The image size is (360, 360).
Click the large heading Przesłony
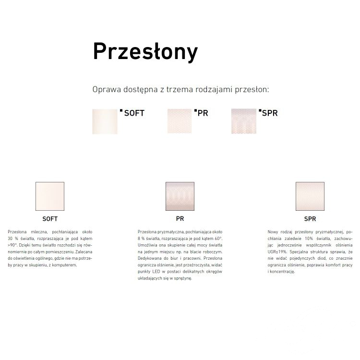145,52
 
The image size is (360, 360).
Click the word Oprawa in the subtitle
107,90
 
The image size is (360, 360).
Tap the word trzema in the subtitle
180,89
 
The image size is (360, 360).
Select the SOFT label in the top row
134,113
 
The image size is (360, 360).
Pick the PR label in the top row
203,113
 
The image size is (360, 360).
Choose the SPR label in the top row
270,113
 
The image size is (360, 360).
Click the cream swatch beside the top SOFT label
105,122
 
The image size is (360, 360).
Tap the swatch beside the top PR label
180,121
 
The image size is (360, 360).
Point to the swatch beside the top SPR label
244,121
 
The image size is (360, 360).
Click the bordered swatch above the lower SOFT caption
50,196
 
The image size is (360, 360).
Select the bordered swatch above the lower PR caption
180,196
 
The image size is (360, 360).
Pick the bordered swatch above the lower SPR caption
310,196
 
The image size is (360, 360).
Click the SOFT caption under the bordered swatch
50,219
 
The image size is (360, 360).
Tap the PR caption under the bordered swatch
180,219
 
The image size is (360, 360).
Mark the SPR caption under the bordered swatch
310,219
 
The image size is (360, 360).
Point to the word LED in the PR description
156,272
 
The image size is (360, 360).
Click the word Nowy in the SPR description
273,232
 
